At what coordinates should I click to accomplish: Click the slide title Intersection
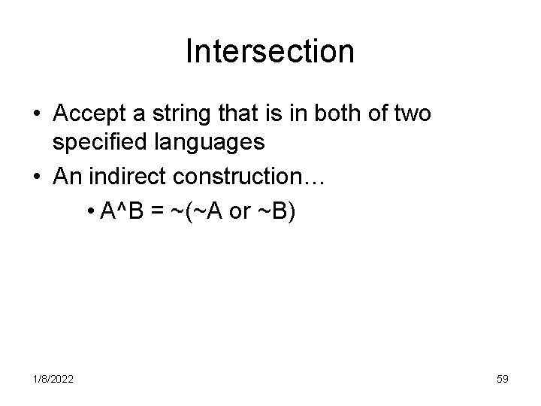(x=270, y=51)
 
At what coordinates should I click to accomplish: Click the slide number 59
(x=502, y=380)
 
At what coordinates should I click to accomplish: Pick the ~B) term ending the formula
(x=280, y=214)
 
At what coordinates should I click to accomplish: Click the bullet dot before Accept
(x=36, y=115)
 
